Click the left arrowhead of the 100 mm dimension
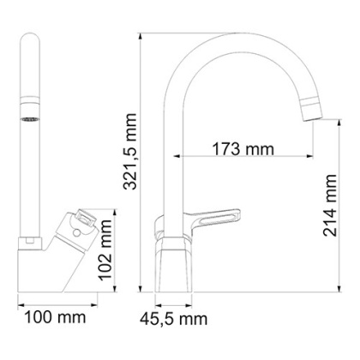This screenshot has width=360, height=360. click(19, 301)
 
